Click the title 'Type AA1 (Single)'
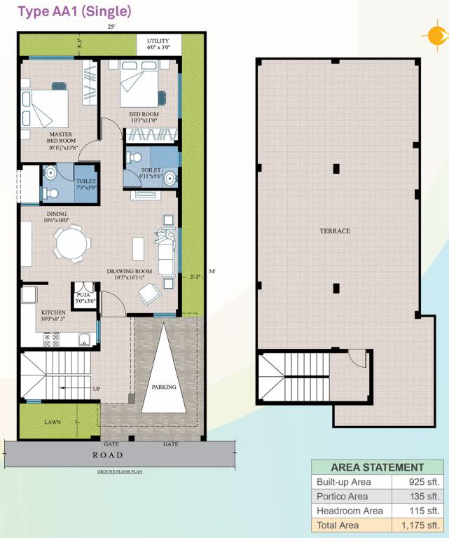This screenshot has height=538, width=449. [74, 11]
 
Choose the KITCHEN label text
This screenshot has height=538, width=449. [54, 312]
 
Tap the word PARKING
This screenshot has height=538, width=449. [164, 387]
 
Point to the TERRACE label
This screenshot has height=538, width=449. [335, 230]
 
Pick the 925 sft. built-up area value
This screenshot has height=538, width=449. [424, 483]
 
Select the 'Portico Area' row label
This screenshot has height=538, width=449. [342, 497]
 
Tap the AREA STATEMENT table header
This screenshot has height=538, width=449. [377, 467]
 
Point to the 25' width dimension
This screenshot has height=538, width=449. [111, 27]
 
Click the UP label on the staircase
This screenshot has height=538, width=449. [97, 388]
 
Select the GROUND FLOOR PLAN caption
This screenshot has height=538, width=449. [120, 472]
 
